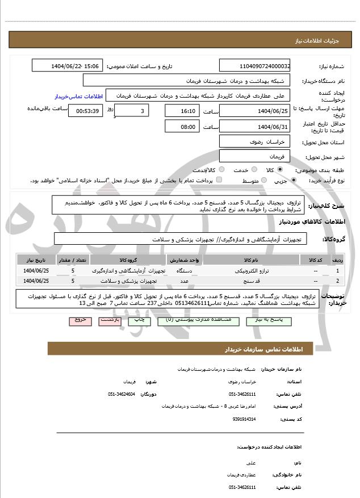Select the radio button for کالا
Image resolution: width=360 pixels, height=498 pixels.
280,170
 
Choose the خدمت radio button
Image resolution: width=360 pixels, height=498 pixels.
254,170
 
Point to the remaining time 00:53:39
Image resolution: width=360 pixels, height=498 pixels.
85,111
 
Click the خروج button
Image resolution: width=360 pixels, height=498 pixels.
80,321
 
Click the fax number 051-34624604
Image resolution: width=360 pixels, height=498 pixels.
122,394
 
